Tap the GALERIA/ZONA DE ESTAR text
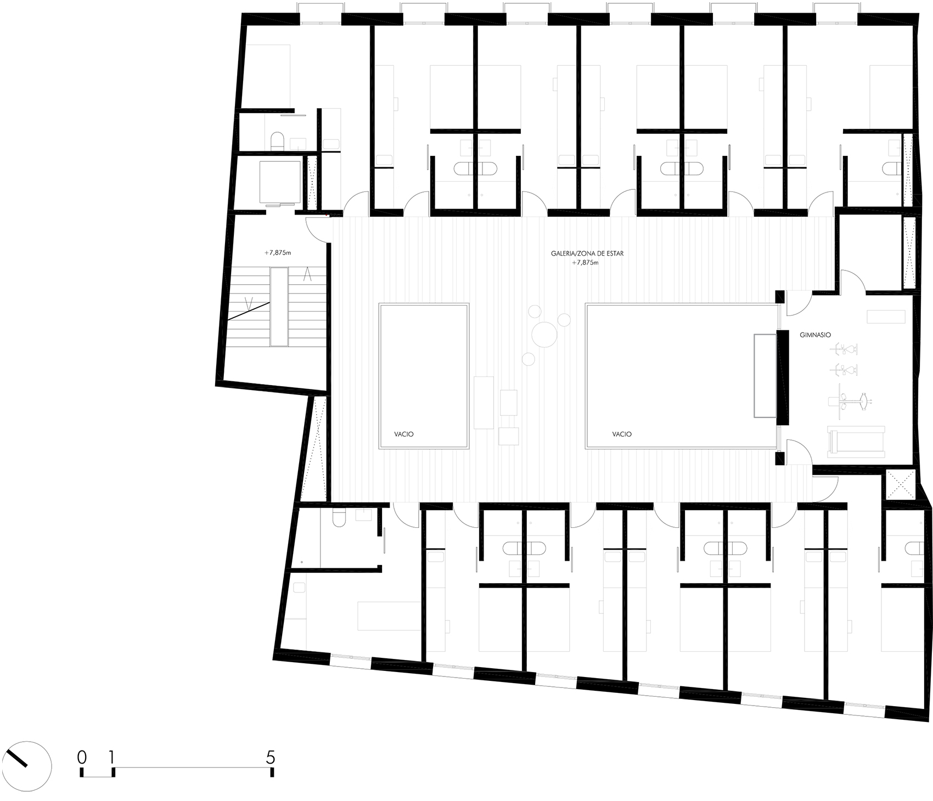[x=588, y=254]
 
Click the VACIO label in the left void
[x=403, y=434]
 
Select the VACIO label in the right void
[x=622, y=434]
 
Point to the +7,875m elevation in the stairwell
[x=277, y=253]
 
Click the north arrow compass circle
[x=26, y=767]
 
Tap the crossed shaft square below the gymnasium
[x=898, y=484]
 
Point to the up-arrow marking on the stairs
[x=308, y=273]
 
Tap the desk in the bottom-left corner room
[x=388, y=616]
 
